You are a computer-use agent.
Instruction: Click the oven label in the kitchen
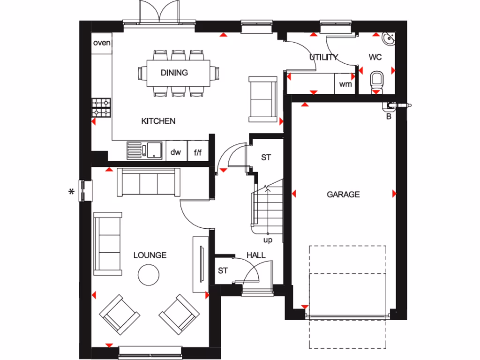point(102,43)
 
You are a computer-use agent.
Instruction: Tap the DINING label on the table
point(174,73)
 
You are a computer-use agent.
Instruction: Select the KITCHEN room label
point(158,121)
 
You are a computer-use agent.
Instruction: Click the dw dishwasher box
point(176,152)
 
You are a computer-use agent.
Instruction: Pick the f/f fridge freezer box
point(198,152)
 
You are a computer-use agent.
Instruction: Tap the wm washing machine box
point(345,84)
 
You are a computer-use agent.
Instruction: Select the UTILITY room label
point(323,58)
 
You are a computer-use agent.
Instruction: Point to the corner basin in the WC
point(389,39)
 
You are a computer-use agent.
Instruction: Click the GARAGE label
point(343,194)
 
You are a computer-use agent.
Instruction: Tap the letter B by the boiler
point(388,117)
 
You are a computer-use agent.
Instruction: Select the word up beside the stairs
point(268,240)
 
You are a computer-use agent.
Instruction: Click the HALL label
point(256,255)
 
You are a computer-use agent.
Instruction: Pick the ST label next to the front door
point(223,271)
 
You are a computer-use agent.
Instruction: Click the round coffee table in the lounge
point(150,274)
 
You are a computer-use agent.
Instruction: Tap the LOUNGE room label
point(150,255)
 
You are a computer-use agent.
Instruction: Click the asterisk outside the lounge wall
point(72,192)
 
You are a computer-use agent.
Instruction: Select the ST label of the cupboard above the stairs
point(266,157)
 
